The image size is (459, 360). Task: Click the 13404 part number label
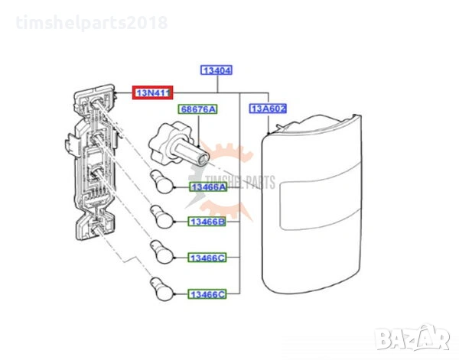click(216, 70)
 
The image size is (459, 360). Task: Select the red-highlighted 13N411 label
click(154, 92)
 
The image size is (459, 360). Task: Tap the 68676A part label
click(198, 110)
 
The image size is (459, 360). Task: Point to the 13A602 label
click(268, 109)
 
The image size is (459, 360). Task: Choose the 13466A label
click(208, 187)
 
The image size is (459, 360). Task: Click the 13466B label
click(208, 222)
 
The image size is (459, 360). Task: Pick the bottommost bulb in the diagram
click(158, 286)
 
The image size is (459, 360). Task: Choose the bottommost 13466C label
click(208, 294)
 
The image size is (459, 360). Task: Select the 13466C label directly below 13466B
click(208, 258)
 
